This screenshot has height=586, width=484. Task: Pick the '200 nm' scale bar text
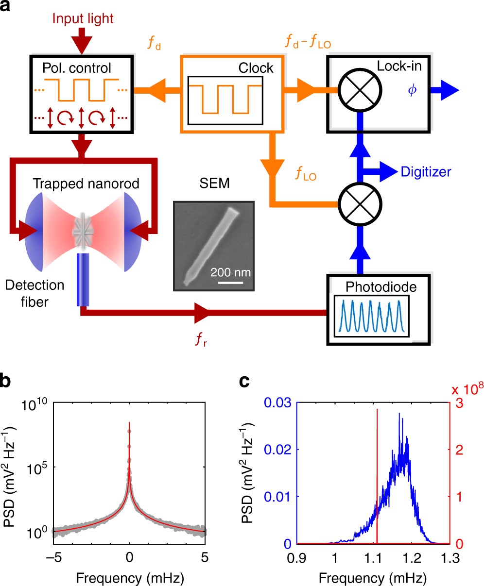coord(230,272)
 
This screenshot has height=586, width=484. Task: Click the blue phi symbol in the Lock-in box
coord(413,91)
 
